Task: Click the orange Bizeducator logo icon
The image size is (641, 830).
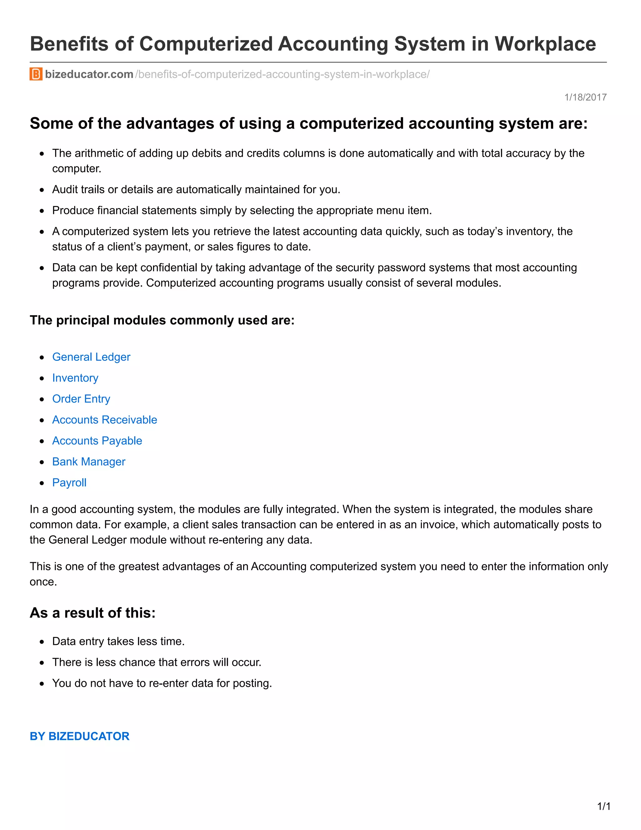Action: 36,74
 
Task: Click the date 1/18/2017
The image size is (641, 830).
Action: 585,98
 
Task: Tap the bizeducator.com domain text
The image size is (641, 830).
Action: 89,74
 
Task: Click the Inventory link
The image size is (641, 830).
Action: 75,378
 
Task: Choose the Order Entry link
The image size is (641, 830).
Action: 81,399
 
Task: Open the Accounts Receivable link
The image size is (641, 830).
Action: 105,420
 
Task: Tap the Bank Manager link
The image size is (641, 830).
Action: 89,461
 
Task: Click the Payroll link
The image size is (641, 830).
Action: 69,482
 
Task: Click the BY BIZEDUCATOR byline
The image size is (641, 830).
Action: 79,736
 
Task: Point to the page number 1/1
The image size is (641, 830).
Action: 604,806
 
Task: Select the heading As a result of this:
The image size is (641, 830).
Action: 93,613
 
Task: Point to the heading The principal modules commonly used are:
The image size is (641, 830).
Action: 162,320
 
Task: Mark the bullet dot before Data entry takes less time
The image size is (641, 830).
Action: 42,642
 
